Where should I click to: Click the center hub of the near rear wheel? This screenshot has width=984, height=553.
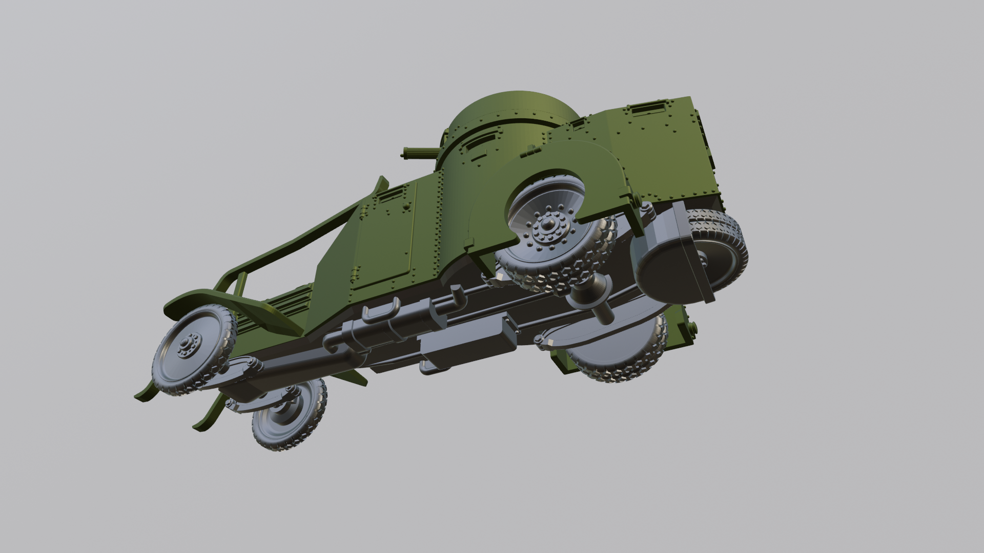tap(544, 232)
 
